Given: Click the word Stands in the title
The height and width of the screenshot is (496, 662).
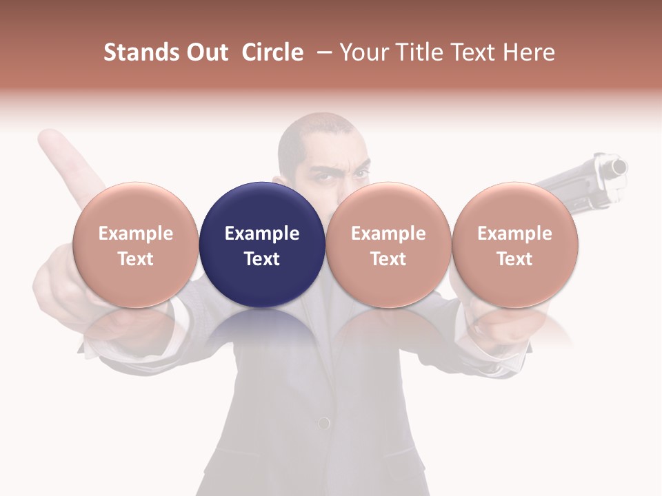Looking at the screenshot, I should (141, 52).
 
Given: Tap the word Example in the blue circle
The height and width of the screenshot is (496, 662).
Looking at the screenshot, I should (262, 234).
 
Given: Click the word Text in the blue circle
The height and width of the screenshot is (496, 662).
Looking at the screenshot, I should (262, 259).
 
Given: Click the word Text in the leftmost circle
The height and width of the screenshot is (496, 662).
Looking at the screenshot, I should (136, 259).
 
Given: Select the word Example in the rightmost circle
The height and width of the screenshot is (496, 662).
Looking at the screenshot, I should (514, 234).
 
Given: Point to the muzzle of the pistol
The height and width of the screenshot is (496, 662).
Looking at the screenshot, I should (619, 167).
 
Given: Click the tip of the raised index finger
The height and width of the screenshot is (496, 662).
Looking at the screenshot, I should (48, 138).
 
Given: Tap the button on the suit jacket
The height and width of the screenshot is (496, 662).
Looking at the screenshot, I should (323, 422).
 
